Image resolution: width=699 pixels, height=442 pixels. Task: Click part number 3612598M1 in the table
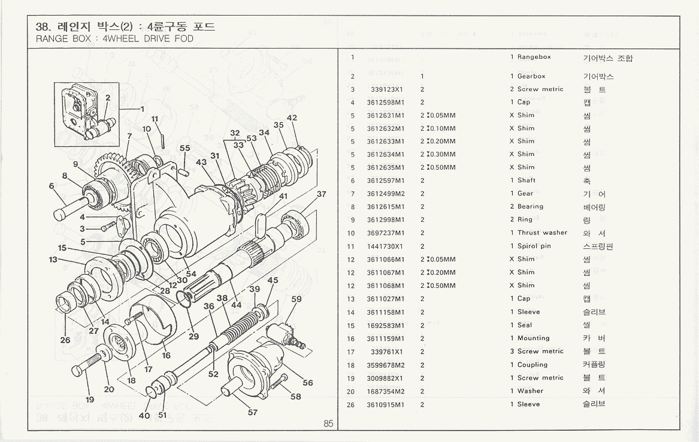pos(386,102)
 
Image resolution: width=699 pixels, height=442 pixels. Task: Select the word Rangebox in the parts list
pos(534,57)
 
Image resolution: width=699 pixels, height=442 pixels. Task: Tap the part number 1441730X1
pos(386,246)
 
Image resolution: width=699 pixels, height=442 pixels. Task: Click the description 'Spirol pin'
pos(534,246)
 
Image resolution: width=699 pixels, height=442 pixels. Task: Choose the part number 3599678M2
pos(386,365)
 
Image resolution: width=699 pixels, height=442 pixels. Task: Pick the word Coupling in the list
pos(532,365)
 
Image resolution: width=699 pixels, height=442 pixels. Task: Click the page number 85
pos(328,423)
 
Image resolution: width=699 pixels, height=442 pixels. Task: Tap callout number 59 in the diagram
pos(296,299)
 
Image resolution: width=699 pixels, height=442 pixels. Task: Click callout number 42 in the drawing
pos(292,118)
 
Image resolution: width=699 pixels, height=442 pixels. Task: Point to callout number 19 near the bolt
pos(90,400)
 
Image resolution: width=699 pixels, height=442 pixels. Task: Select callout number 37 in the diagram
pos(322,194)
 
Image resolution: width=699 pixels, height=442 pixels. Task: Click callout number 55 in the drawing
pos(185,148)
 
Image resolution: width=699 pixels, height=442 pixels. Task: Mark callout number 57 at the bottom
pos(253,413)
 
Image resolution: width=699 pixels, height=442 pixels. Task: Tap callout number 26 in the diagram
pos(65,340)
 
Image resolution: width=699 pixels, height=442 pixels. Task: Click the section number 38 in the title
pos(43,27)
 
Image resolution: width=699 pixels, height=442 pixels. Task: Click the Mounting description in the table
pos(533,338)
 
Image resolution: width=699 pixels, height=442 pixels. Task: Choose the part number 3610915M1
pos(386,404)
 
